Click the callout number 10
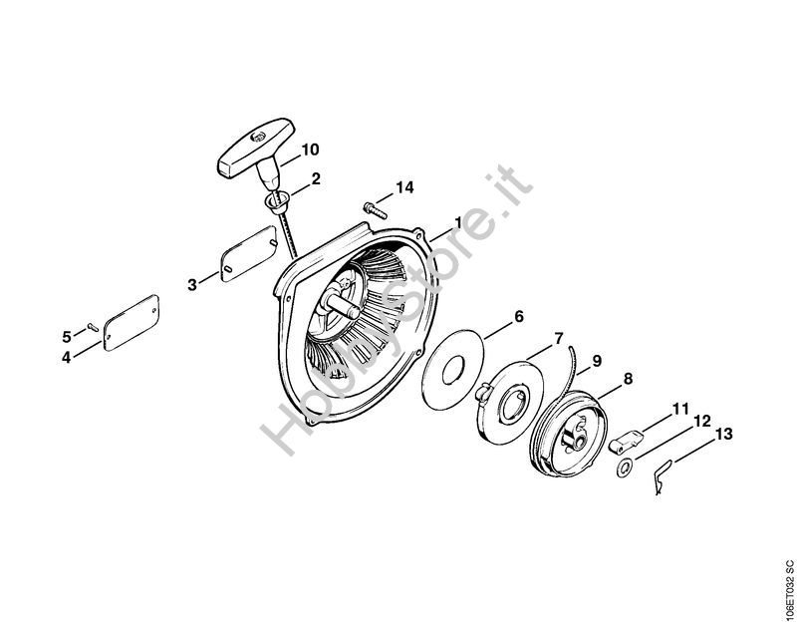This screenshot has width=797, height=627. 310,150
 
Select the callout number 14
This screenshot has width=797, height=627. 403,187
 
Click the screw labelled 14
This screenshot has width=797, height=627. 374,208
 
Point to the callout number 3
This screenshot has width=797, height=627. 192,284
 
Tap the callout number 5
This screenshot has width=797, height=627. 68,334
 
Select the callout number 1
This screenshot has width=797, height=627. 458,221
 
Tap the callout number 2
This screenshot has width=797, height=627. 316,179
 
